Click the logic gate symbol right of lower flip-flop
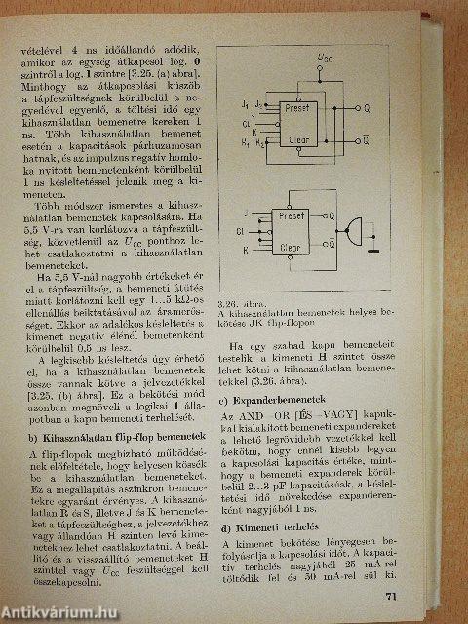(361, 231)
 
